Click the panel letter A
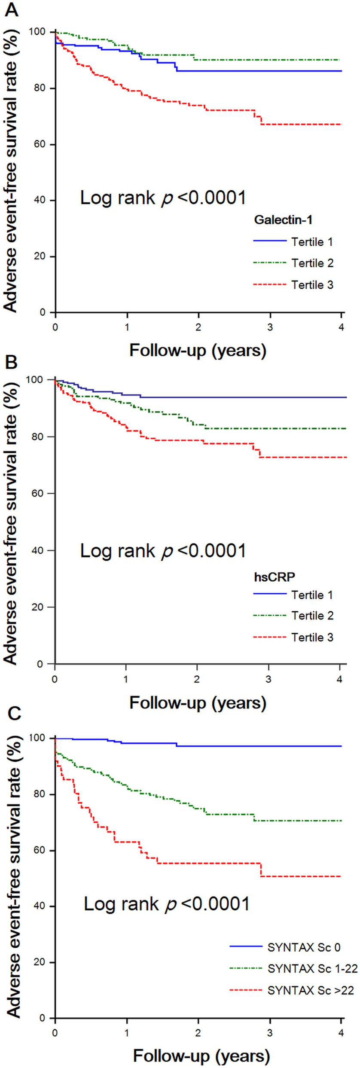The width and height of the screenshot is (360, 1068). [x=12, y=9]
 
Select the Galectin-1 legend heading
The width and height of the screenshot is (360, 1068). [x=283, y=220]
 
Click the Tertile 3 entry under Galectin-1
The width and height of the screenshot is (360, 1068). [x=312, y=285]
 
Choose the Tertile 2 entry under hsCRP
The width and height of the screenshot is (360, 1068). [x=312, y=616]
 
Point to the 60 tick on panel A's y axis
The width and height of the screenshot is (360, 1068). [x=40, y=144]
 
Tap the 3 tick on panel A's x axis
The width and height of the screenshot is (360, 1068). [x=270, y=327]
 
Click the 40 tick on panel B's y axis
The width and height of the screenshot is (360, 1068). [x=40, y=550]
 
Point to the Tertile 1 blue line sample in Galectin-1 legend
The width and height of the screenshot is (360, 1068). [x=270, y=241]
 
